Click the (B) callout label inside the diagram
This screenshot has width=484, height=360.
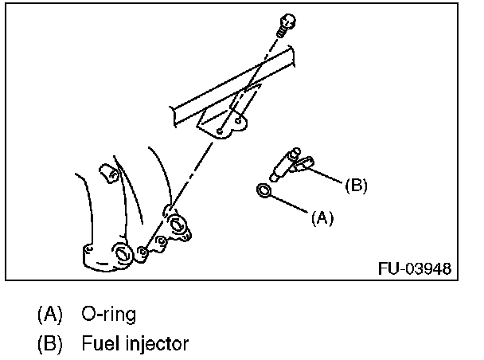(356, 186)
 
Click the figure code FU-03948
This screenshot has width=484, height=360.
(414, 267)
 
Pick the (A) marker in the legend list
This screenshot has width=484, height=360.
(49, 313)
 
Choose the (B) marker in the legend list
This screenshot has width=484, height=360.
(49, 344)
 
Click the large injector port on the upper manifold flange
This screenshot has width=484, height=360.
(178, 226)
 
